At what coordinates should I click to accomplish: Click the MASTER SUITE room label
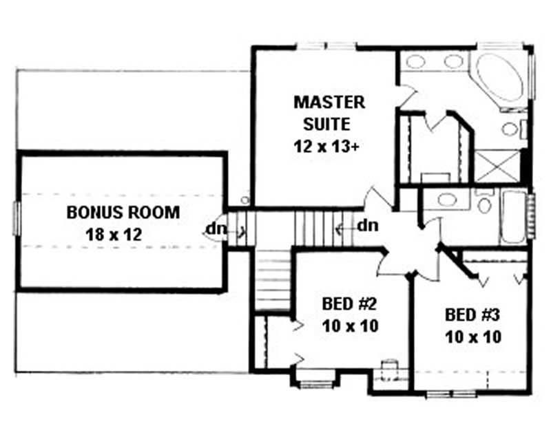329,114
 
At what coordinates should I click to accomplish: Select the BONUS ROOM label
123,212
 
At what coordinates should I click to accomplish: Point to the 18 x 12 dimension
114,234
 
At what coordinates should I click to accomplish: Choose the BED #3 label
472,315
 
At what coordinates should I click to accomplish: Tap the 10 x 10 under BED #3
472,337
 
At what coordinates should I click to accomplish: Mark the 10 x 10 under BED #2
350,326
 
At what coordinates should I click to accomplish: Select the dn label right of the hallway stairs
368,224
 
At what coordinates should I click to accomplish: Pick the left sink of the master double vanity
415,61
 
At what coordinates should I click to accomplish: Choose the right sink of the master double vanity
453,61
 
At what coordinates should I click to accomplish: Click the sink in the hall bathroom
448,200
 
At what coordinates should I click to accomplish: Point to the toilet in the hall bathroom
484,204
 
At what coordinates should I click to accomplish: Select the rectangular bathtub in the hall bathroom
512,215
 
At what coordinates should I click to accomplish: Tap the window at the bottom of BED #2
315,375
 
